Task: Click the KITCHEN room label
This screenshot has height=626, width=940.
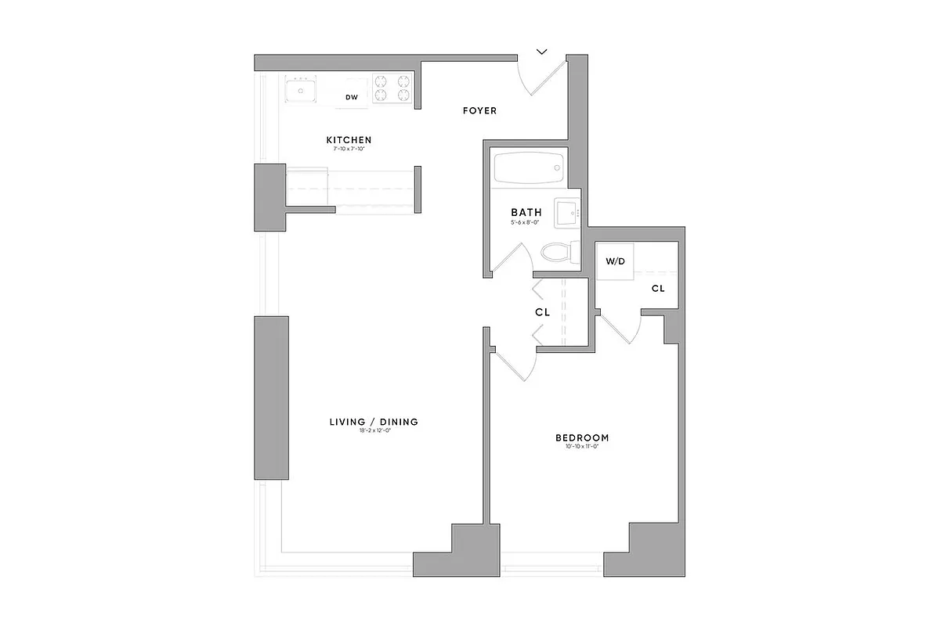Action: pyautogui.click(x=349, y=140)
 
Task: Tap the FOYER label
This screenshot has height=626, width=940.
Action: pyautogui.click(x=479, y=111)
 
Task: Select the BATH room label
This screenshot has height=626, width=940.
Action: pyautogui.click(x=526, y=212)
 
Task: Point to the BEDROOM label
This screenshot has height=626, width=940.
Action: pyautogui.click(x=582, y=438)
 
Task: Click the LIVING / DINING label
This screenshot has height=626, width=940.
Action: pyautogui.click(x=374, y=422)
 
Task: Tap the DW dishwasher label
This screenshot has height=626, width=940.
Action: pyautogui.click(x=352, y=97)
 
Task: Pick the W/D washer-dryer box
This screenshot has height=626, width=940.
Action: pyautogui.click(x=616, y=261)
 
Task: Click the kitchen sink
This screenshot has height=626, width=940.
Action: pyautogui.click(x=300, y=92)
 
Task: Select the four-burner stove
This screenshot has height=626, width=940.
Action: pyautogui.click(x=392, y=88)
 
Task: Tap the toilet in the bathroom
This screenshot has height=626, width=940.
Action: pyautogui.click(x=558, y=252)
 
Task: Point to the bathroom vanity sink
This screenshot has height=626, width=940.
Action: pyautogui.click(x=566, y=212)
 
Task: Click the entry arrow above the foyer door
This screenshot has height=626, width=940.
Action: pyautogui.click(x=542, y=52)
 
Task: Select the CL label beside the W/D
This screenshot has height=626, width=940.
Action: pyautogui.click(x=658, y=288)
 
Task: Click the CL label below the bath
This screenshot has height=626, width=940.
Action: pyautogui.click(x=542, y=312)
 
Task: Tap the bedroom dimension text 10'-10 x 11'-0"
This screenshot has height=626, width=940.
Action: pyautogui.click(x=582, y=447)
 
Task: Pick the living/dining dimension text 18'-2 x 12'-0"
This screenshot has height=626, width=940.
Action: pyautogui.click(x=374, y=431)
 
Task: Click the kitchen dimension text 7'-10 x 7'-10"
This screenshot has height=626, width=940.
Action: pyautogui.click(x=349, y=149)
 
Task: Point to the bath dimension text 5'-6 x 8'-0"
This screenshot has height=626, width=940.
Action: pyautogui.click(x=526, y=222)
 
